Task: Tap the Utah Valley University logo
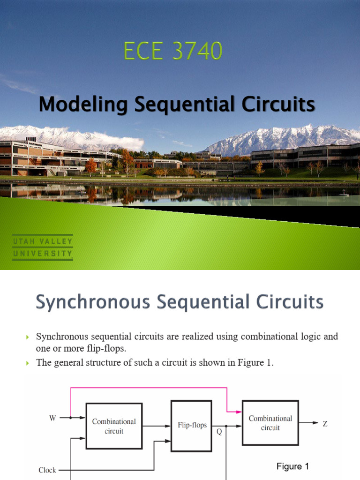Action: tap(43, 247)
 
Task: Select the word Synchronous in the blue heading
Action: tap(93, 302)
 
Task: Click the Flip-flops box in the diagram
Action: tap(191, 426)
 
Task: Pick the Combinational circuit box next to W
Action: tap(114, 426)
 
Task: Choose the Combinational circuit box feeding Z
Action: tap(270, 423)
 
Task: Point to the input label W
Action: tap(52, 418)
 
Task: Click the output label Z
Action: tap(325, 423)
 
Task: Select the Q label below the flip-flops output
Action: tap(219, 433)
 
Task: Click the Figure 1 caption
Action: tap(292, 466)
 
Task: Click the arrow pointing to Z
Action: tap(309, 423)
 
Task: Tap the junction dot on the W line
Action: tap(71, 418)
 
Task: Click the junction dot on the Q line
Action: tap(226, 426)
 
